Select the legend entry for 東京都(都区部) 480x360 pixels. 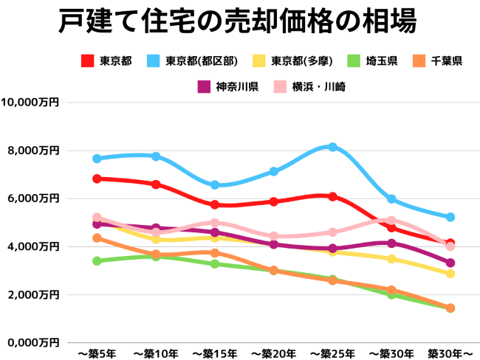193,61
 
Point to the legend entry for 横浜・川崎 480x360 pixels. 310,87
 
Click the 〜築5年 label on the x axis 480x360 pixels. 97,354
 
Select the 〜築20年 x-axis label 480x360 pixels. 273,354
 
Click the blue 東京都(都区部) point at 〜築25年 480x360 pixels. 332,148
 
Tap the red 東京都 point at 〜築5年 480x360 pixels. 97,179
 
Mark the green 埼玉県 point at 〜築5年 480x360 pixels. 97,260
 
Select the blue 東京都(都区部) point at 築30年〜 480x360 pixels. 450,217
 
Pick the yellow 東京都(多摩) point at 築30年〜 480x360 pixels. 450,274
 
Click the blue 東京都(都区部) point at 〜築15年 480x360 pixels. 215,185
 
